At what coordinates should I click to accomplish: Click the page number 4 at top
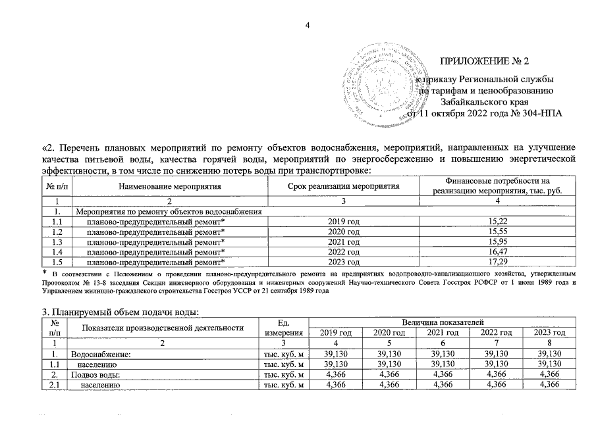[x=307, y=26]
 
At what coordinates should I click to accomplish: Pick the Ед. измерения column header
[x=284, y=328]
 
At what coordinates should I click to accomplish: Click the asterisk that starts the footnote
[x=44, y=272]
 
